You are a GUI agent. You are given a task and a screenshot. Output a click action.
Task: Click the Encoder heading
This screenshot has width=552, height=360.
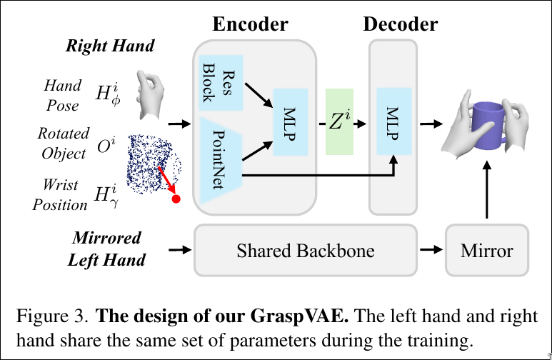250,24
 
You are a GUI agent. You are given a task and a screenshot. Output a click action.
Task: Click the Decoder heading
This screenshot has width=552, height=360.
401,24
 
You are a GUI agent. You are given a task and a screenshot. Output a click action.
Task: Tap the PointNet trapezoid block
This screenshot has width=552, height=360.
221,161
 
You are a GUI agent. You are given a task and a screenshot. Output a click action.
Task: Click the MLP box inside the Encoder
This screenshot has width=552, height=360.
290,122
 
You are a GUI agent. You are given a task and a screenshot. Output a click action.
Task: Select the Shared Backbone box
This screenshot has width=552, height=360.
305,251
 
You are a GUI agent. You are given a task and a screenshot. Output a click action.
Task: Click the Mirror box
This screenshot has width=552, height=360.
486,251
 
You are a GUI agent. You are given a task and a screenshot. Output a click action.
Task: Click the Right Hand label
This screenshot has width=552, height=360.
110,46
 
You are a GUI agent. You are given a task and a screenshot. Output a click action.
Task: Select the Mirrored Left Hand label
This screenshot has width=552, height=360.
106,249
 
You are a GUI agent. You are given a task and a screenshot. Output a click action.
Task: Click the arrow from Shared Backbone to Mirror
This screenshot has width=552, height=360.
430,251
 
